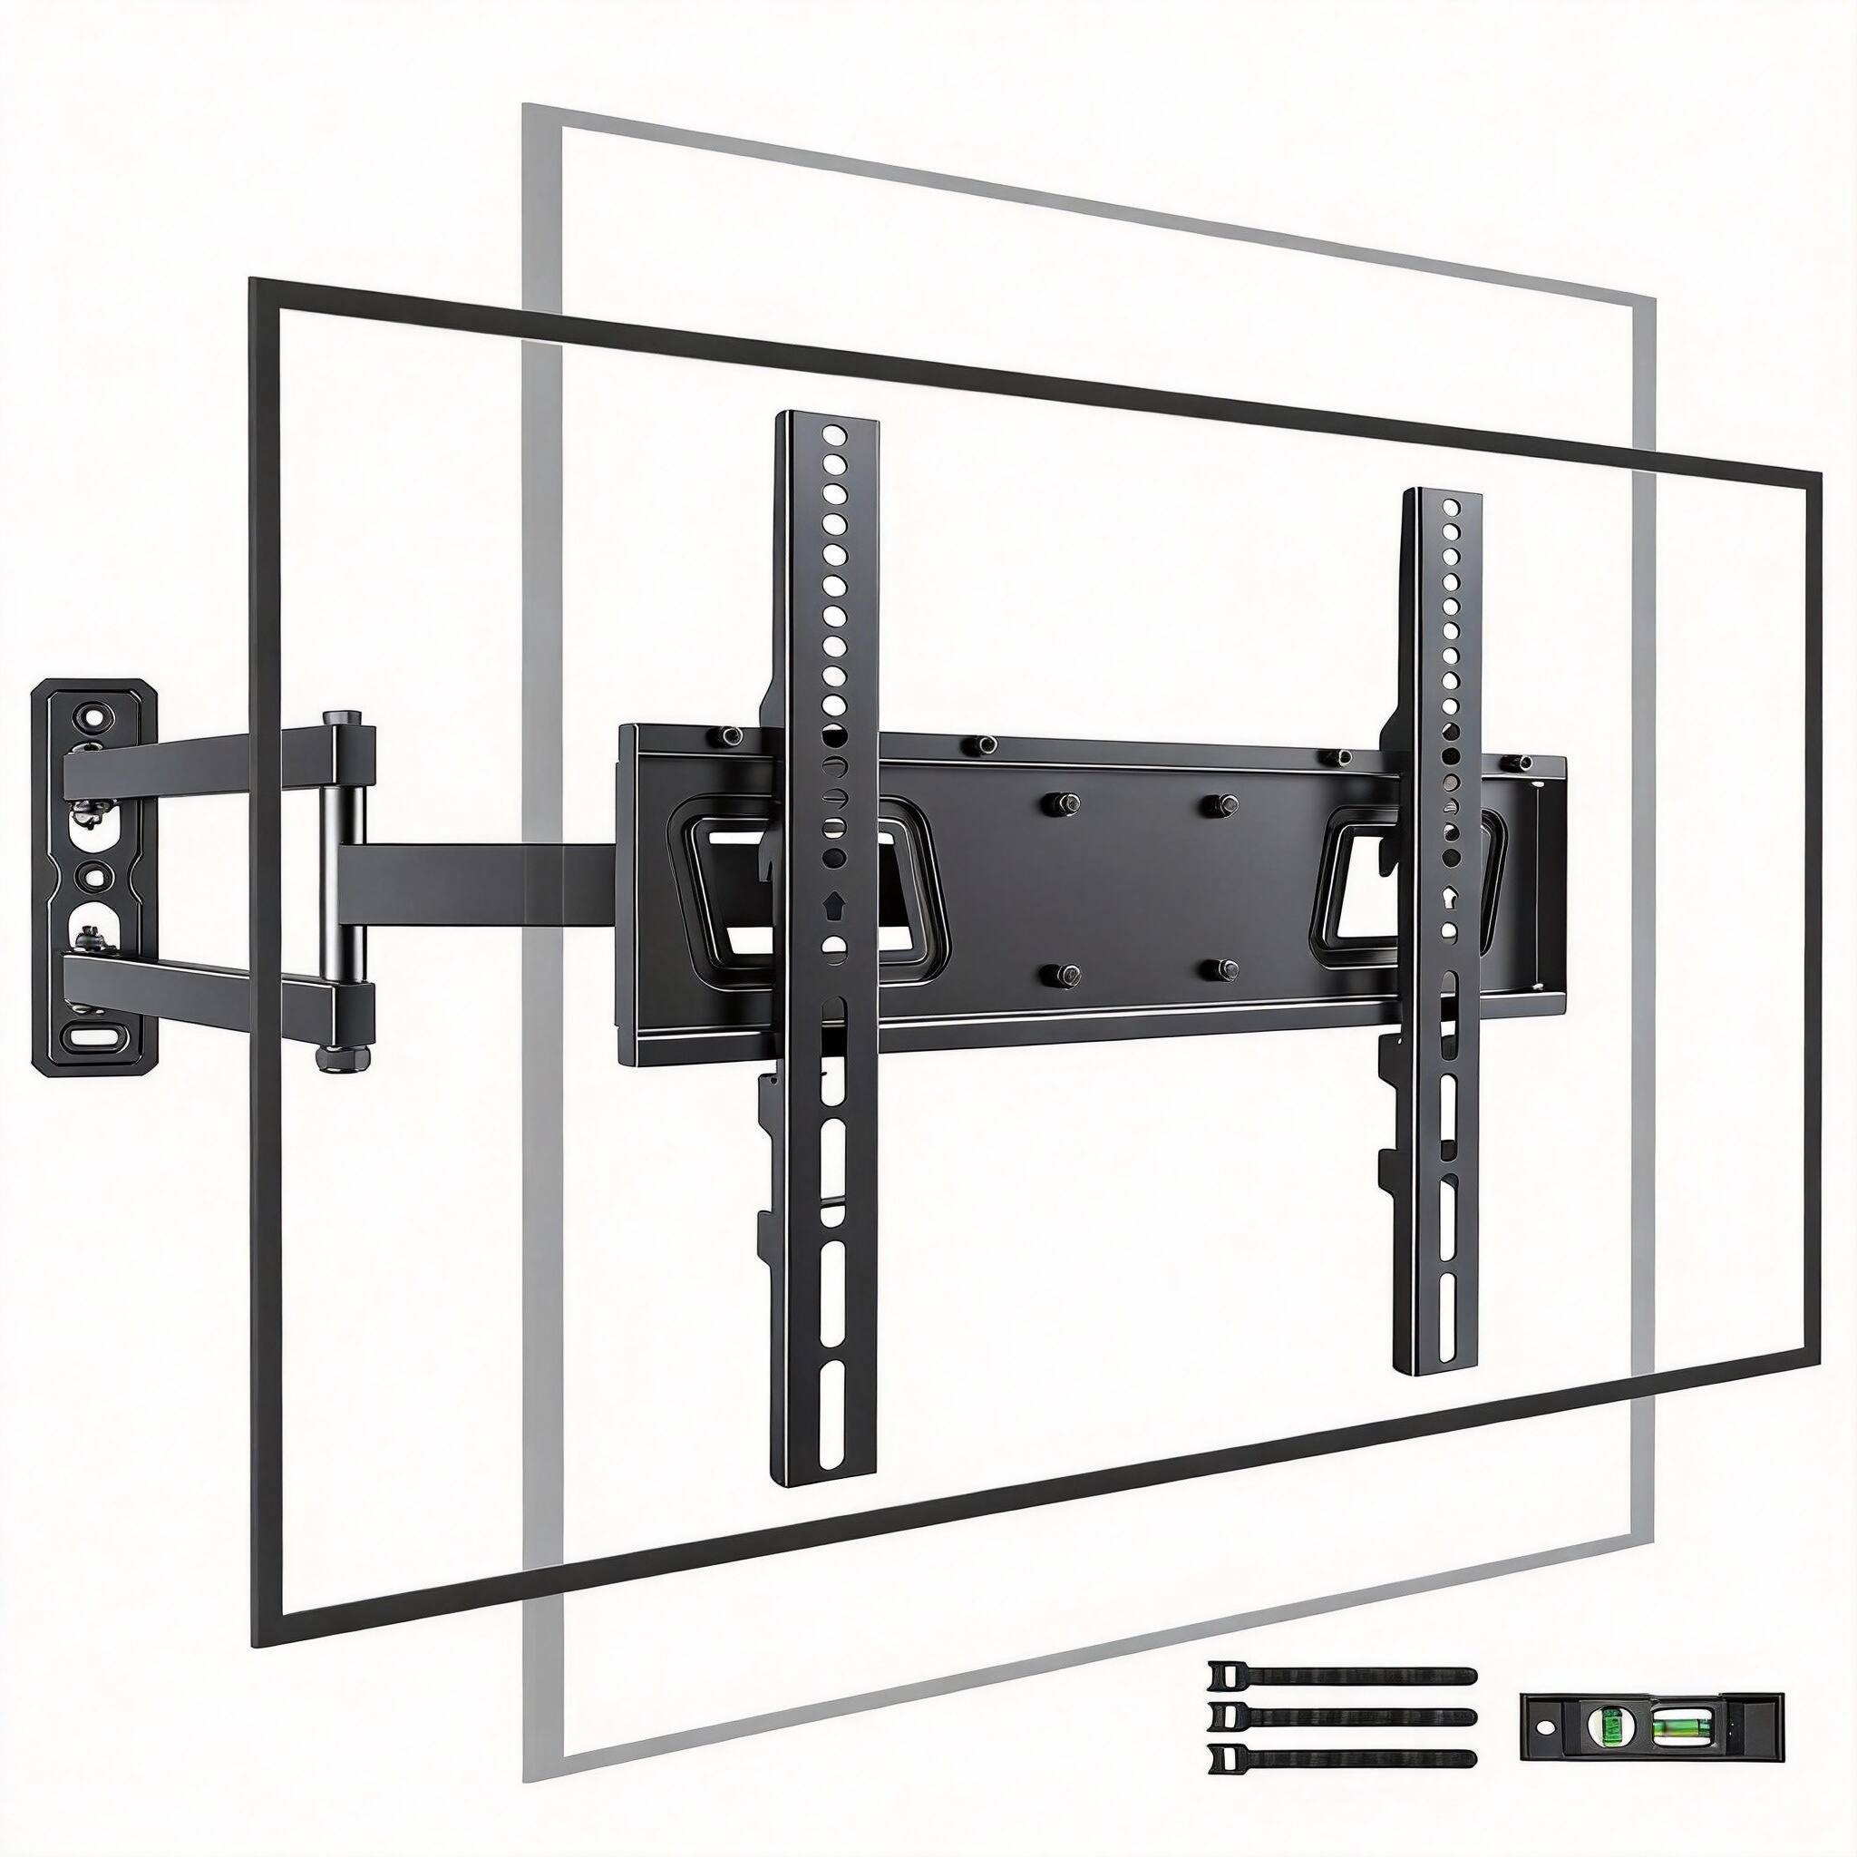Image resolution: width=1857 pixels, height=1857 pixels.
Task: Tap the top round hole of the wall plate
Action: [93, 716]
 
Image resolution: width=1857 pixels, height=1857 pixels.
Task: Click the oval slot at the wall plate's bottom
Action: [93, 1037]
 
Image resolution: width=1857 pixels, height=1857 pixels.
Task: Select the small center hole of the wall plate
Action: [92, 877]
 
